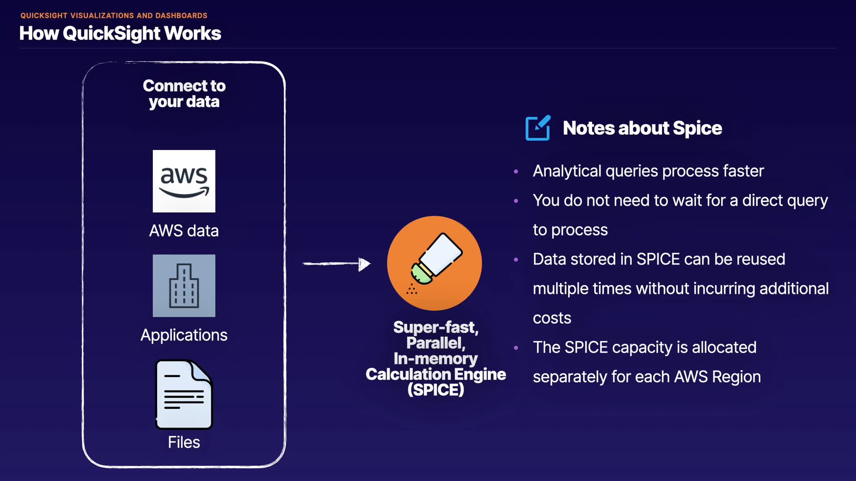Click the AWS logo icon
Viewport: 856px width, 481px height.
point(184,181)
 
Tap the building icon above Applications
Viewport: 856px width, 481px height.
point(184,285)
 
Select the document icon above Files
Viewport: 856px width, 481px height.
point(184,394)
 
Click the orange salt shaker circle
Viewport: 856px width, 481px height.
point(434,263)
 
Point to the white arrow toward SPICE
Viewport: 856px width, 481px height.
point(337,264)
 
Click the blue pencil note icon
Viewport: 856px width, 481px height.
point(538,128)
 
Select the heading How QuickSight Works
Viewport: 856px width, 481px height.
point(120,33)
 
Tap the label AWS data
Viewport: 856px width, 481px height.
point(184,231)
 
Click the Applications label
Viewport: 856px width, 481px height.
point(184,335)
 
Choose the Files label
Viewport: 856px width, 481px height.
point(184,442)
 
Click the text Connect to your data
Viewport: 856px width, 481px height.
point(184,94)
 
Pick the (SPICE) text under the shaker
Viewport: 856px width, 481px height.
point(436,390)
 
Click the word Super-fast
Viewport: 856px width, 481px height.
point(436,327)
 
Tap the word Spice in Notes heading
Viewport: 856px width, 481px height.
point(697,128)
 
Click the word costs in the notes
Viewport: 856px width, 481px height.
point(552,318)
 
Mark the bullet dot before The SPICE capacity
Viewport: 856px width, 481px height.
point(516,348)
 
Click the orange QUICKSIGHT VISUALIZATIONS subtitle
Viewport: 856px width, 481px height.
point(114,16)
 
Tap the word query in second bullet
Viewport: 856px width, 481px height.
point(807,201)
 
